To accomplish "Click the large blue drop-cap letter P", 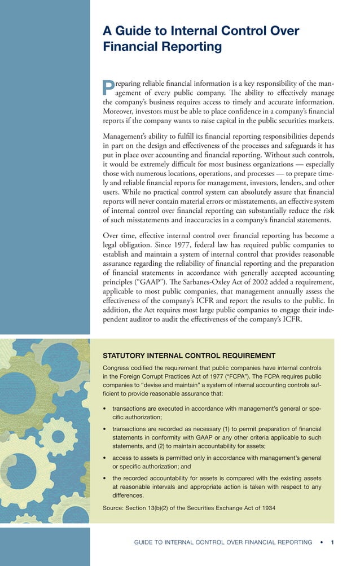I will [x=108, y=87].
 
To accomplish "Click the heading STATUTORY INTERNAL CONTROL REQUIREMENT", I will [x=189, y=356].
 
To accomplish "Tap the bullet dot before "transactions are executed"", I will [x=105, y=407].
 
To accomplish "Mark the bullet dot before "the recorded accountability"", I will [x=105, y=477].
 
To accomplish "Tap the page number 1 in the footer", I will [x=333, y=542].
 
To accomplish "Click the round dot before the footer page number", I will [x=321, y=542].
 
